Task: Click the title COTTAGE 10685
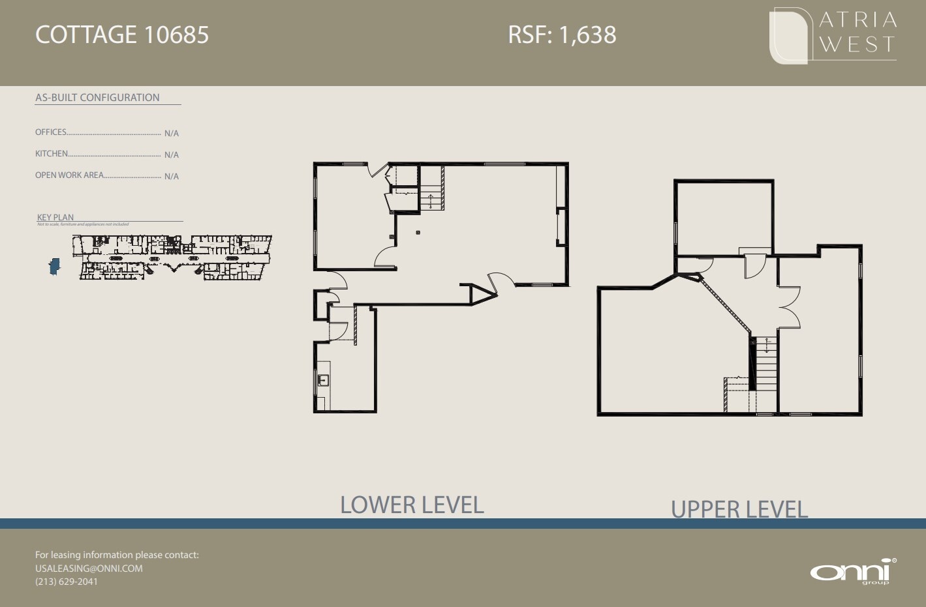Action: point(122,35)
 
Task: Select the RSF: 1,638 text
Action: point(562,35)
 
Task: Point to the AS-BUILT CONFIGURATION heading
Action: point(97,98)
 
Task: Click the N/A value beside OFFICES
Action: point(172,134)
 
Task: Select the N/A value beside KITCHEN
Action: point(172,155)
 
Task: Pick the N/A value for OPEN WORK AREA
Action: point(172,177)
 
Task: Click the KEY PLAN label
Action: point(55,218)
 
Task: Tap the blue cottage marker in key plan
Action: point(55,265)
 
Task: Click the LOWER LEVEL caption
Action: point(412,505)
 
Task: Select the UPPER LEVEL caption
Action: point(739,509)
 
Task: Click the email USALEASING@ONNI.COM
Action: point(89,569)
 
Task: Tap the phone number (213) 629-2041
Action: point(67,582)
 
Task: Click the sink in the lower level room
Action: point(322,380)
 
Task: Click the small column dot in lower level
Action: point(418,233)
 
